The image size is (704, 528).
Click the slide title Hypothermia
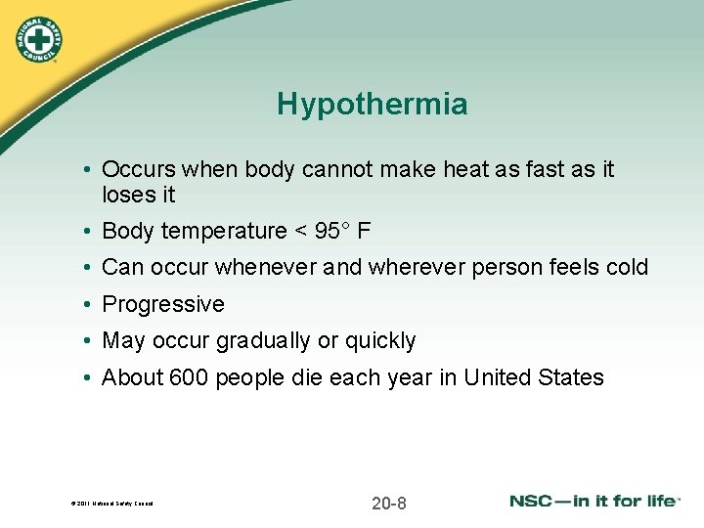click(x=372, y=105)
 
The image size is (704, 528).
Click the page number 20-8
click(x=389, y=504)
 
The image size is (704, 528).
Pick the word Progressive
click(x=163, y=304)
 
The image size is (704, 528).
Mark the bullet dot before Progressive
click(x=88, y=305)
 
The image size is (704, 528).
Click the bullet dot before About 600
click(x=88, y=378)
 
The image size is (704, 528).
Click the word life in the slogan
click(x=657, y=501)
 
